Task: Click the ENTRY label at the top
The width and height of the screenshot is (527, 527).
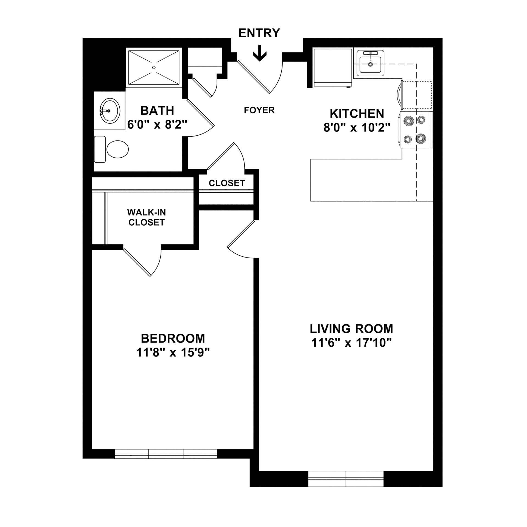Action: (x=259, y=33)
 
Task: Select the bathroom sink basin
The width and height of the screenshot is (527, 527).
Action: (x=110, y=111)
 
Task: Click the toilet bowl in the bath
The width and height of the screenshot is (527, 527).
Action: (x=117, y=149)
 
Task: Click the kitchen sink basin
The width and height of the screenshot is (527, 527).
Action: (x=370, y=64)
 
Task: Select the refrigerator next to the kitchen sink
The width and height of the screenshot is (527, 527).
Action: (x=333, y=68)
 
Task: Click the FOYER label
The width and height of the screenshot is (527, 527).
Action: (x=259, y=110)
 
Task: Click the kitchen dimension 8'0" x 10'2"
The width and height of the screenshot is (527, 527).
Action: (x=357, y=128)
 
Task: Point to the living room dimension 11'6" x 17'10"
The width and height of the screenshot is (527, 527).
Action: (x=351, y=343)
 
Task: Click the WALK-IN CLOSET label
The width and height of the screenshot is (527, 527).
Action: (x=146, y=217)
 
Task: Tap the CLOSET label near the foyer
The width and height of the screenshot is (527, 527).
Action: (x=227, y=183)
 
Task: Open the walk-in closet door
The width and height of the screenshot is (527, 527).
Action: (x=137, y=262)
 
